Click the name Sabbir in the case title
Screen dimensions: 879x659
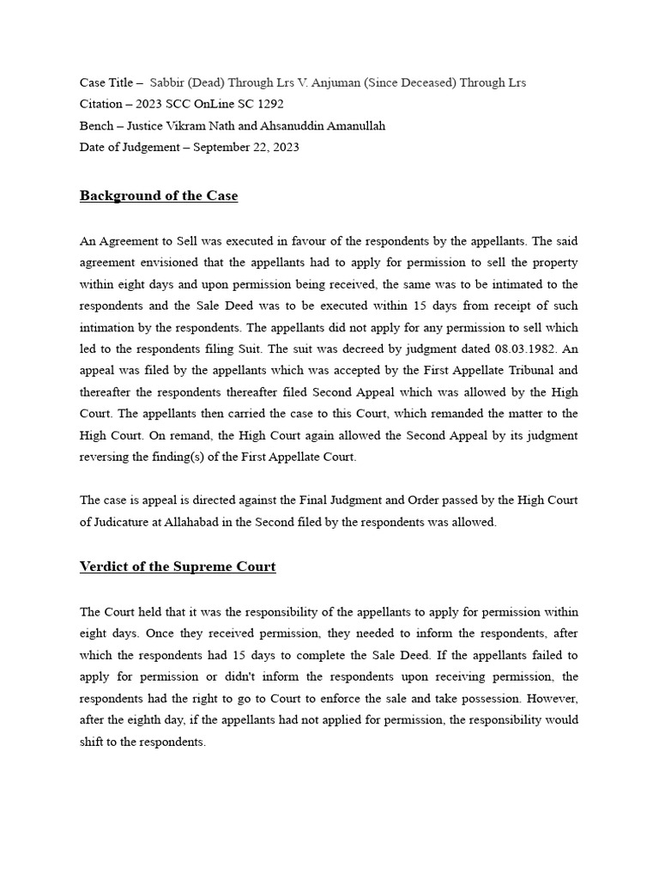click(x=167, y=82)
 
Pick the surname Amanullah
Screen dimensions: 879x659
click(x=349, y=125)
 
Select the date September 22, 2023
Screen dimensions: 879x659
click(x=246, y=147)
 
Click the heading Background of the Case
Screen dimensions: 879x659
click(x=159, y=196)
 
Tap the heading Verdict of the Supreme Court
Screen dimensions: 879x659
click(x=178, y=567)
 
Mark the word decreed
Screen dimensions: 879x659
click(x=311, y=349)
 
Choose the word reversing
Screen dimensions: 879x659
click(x=106, y=457)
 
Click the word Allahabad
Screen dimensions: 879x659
click(x=203, y=522)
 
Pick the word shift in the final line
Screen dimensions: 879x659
click(x=94, y=742)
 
